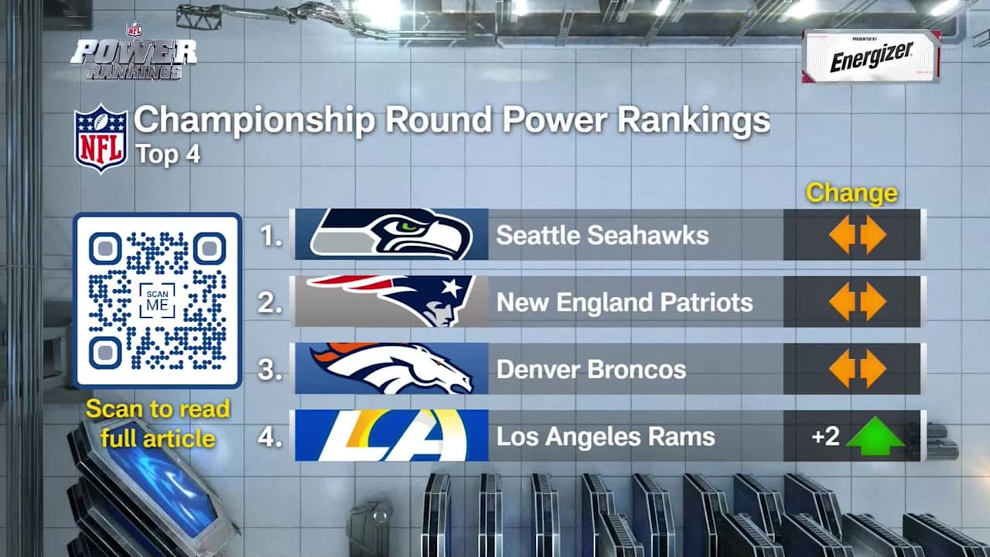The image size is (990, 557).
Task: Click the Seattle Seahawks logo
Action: coord(391,234)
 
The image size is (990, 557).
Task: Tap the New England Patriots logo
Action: coord(391,301)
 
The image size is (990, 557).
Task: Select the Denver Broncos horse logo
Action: coord(391,368)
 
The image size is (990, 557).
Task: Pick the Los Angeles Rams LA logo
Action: coord(391,436)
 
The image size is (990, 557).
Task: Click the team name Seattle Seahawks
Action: coord(602,235)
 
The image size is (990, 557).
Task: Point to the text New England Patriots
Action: coord(624,302)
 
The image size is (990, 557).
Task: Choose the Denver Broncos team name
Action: coord(591,370)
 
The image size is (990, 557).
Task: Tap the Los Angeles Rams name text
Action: coord(605,437)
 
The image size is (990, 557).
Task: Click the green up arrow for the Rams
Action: coord(875,436)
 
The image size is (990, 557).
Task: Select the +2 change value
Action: coord(825,436)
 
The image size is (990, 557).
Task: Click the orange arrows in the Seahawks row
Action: coord(857,234)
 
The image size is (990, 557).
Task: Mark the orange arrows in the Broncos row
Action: coord(857,369)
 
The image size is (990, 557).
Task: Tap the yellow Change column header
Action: coord(852,193)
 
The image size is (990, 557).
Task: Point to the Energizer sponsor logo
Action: coord(872,57)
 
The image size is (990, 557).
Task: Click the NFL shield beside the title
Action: coord(101,138)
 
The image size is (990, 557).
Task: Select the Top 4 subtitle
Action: coord(168,154)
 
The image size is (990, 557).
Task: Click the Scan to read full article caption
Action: coord(157,423)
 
